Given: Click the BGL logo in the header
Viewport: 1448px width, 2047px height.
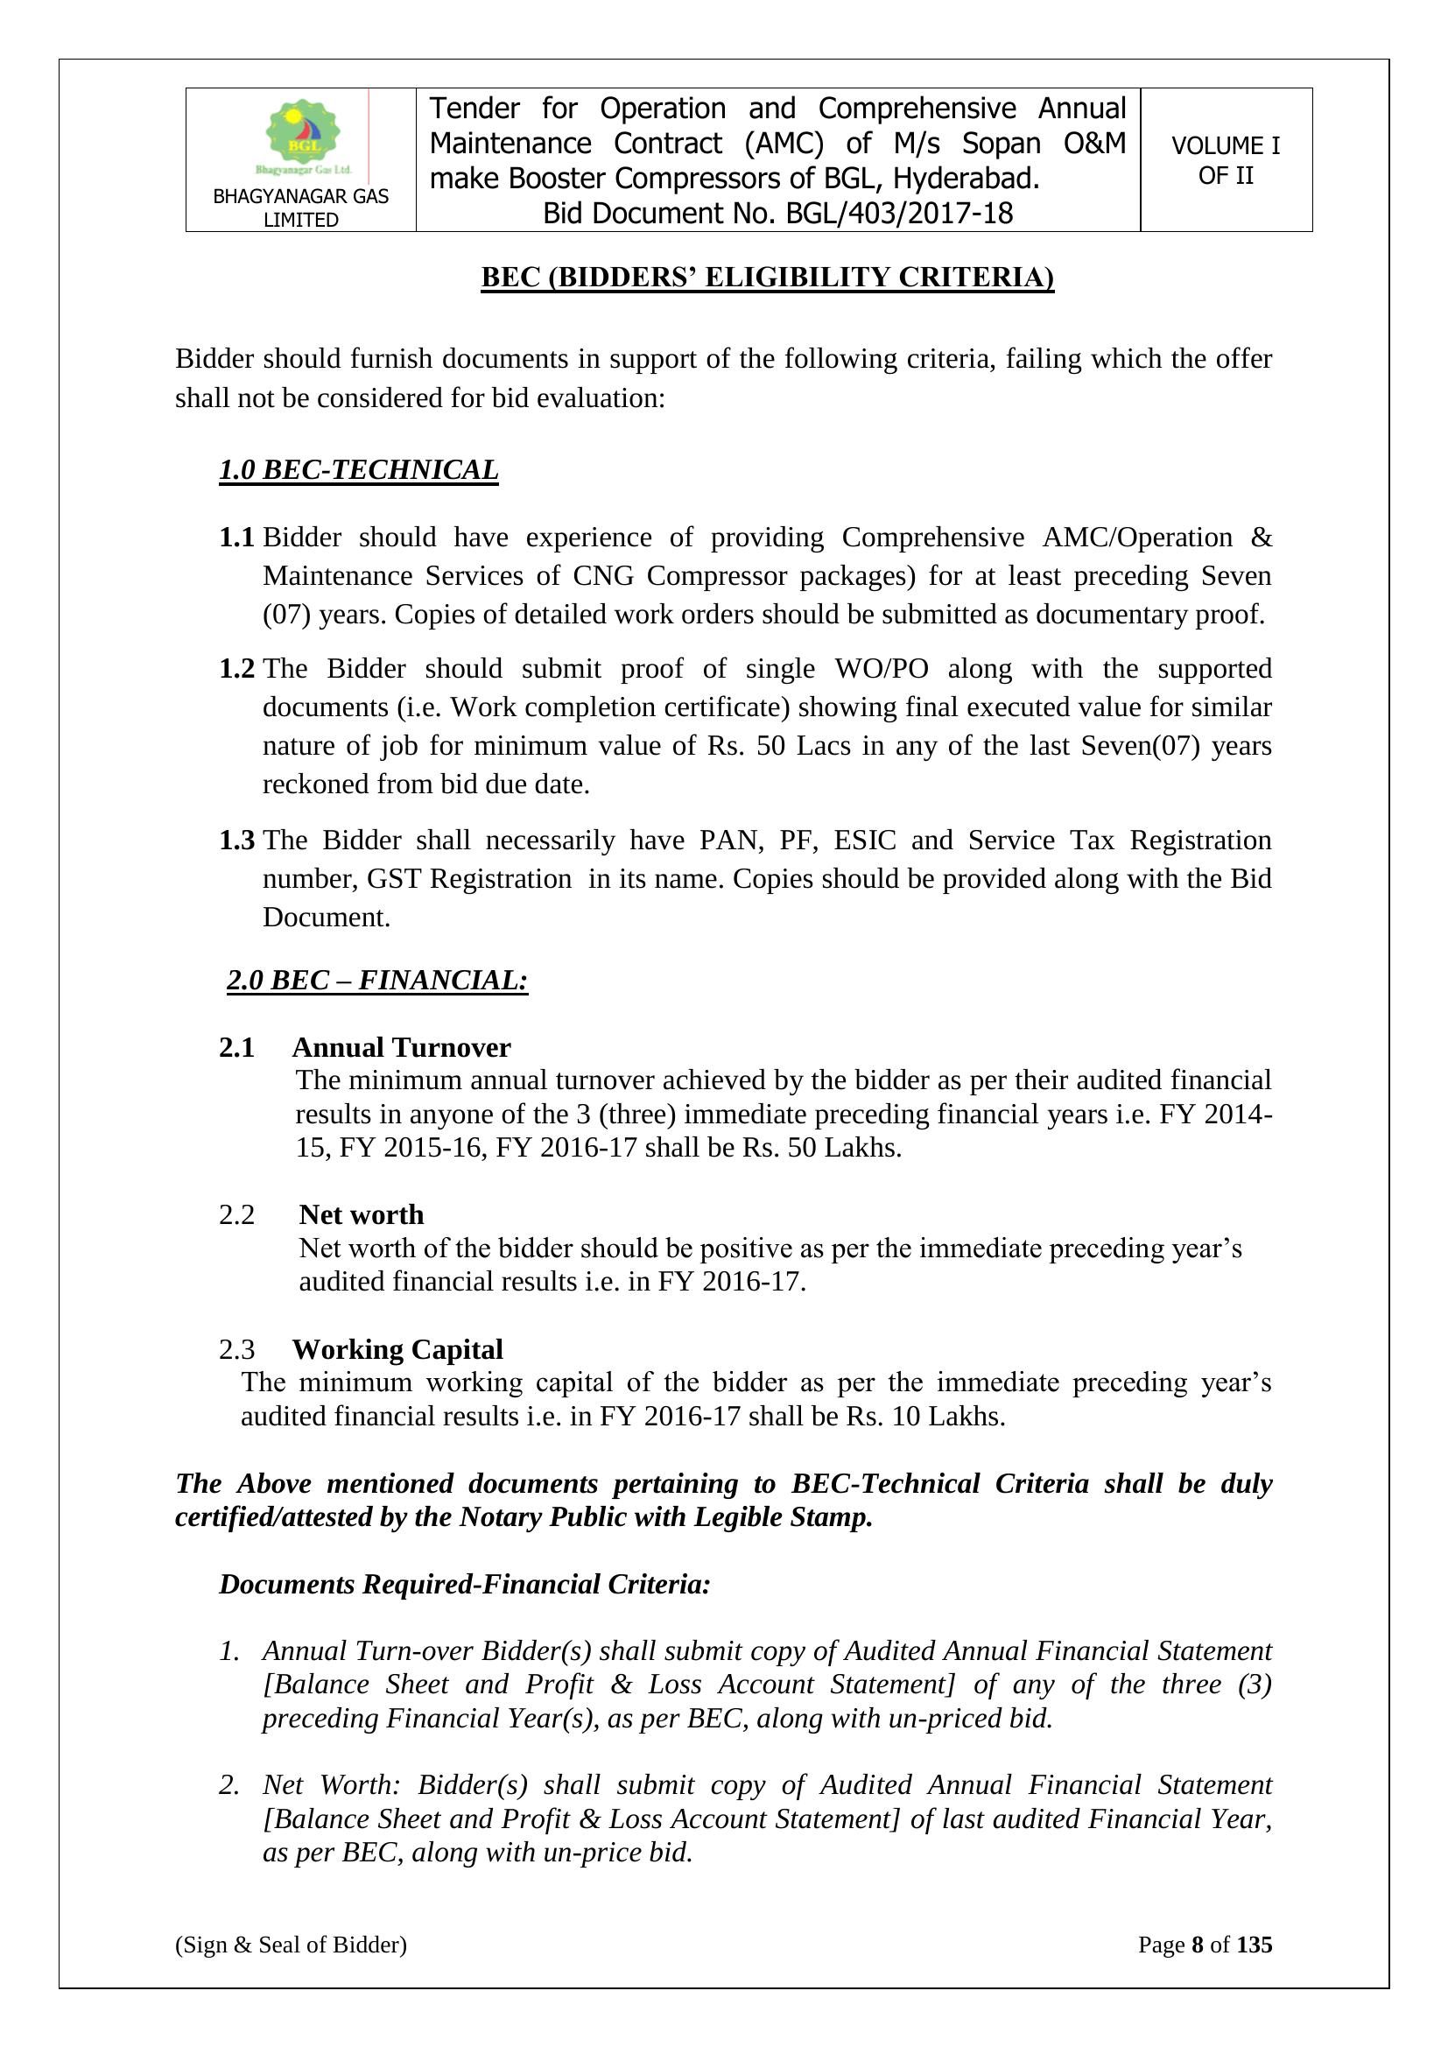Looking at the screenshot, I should tap(301, 136).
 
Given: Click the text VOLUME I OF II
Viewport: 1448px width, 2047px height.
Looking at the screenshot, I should tap(1225, 160).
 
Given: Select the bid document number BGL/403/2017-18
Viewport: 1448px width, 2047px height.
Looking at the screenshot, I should tap(899, 214).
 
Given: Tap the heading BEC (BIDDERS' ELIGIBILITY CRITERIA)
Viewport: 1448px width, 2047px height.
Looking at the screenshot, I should tap(767, 278).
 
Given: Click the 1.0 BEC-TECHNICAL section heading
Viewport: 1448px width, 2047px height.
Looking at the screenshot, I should tap(358, 470).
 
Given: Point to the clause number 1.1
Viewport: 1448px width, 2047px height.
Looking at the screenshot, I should tap(236, 538).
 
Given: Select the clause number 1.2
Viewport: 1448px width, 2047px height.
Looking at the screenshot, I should tap(236, 669).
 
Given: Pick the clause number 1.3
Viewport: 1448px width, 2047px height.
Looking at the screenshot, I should tap(236, 840).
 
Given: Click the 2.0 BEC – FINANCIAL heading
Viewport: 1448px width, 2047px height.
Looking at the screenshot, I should tap(377, 980).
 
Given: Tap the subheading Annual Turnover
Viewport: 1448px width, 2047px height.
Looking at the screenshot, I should tap(401, 1046).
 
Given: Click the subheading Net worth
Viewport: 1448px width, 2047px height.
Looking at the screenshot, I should tap(361, 1214).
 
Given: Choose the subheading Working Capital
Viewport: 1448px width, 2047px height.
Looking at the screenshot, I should tap(397, 1349).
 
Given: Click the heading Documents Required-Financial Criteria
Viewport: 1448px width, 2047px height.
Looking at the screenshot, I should tap(465, 1585).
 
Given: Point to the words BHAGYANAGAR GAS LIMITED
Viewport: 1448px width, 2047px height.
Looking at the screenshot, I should tap(300, 208).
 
